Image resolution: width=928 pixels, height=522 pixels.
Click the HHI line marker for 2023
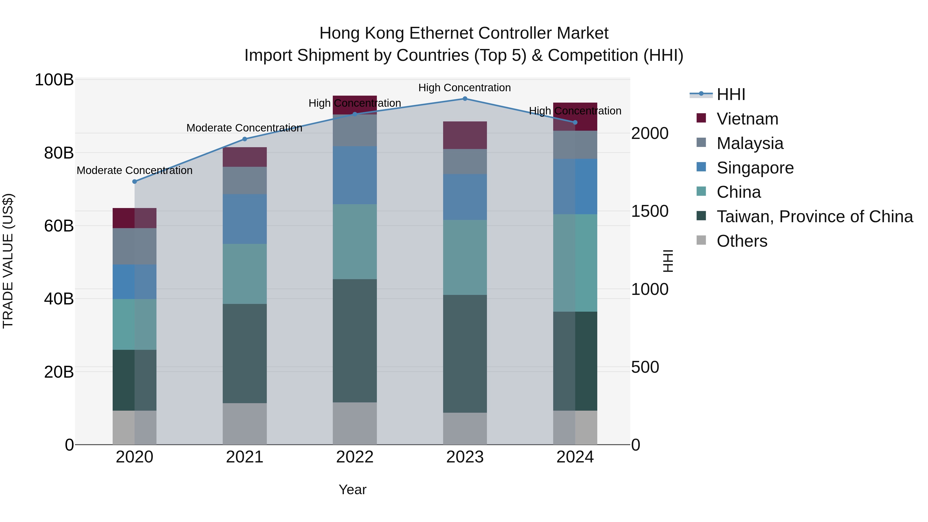465,99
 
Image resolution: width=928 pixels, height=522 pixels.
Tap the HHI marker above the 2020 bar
134,181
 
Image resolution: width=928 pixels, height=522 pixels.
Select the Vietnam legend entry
747,119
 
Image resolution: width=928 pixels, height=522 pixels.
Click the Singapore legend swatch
701,167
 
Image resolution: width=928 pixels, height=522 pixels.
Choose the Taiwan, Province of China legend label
815,217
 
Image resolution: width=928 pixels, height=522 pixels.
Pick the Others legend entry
742,241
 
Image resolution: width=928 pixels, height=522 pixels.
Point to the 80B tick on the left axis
59,153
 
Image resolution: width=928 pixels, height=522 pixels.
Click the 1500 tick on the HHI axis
650,211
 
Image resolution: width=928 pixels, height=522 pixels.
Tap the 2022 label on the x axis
354,457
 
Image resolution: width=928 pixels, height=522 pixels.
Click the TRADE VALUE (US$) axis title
8,261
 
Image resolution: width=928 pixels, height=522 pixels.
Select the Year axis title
352,490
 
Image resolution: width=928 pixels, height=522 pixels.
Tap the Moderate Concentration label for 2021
244,128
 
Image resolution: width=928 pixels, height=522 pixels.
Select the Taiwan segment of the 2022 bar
354,341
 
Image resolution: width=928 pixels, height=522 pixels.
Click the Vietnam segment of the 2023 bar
465,135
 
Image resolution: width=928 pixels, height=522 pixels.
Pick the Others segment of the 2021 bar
245,424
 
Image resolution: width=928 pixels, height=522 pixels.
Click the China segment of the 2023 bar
465,257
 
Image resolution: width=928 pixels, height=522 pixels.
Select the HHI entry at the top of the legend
730,94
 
